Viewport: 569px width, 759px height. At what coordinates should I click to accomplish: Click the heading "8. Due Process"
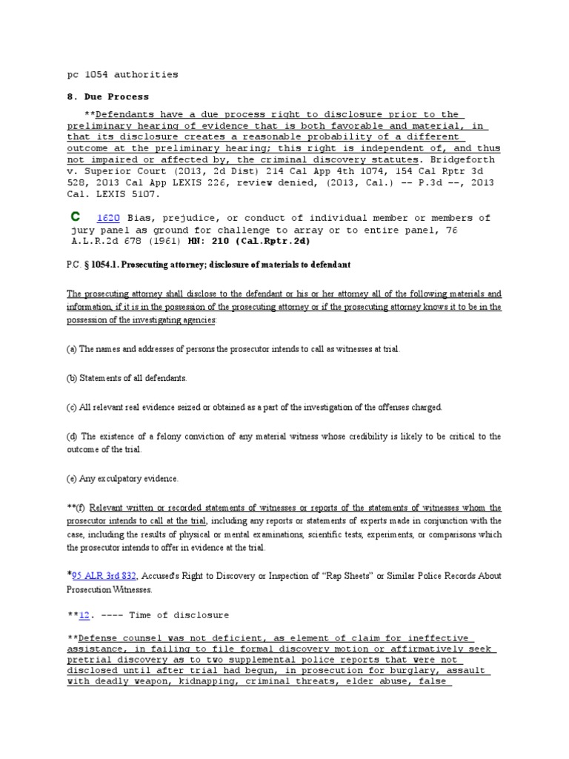point(107,96)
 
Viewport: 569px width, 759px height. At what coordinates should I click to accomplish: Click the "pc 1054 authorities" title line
point(122,74)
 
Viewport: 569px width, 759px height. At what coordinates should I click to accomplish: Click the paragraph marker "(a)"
point(71,348)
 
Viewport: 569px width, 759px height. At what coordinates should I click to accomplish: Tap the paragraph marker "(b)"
point(71,378)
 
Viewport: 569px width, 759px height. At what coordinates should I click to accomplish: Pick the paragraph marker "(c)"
point(71,407)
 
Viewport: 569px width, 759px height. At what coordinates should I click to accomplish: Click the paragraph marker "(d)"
point(71,437)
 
